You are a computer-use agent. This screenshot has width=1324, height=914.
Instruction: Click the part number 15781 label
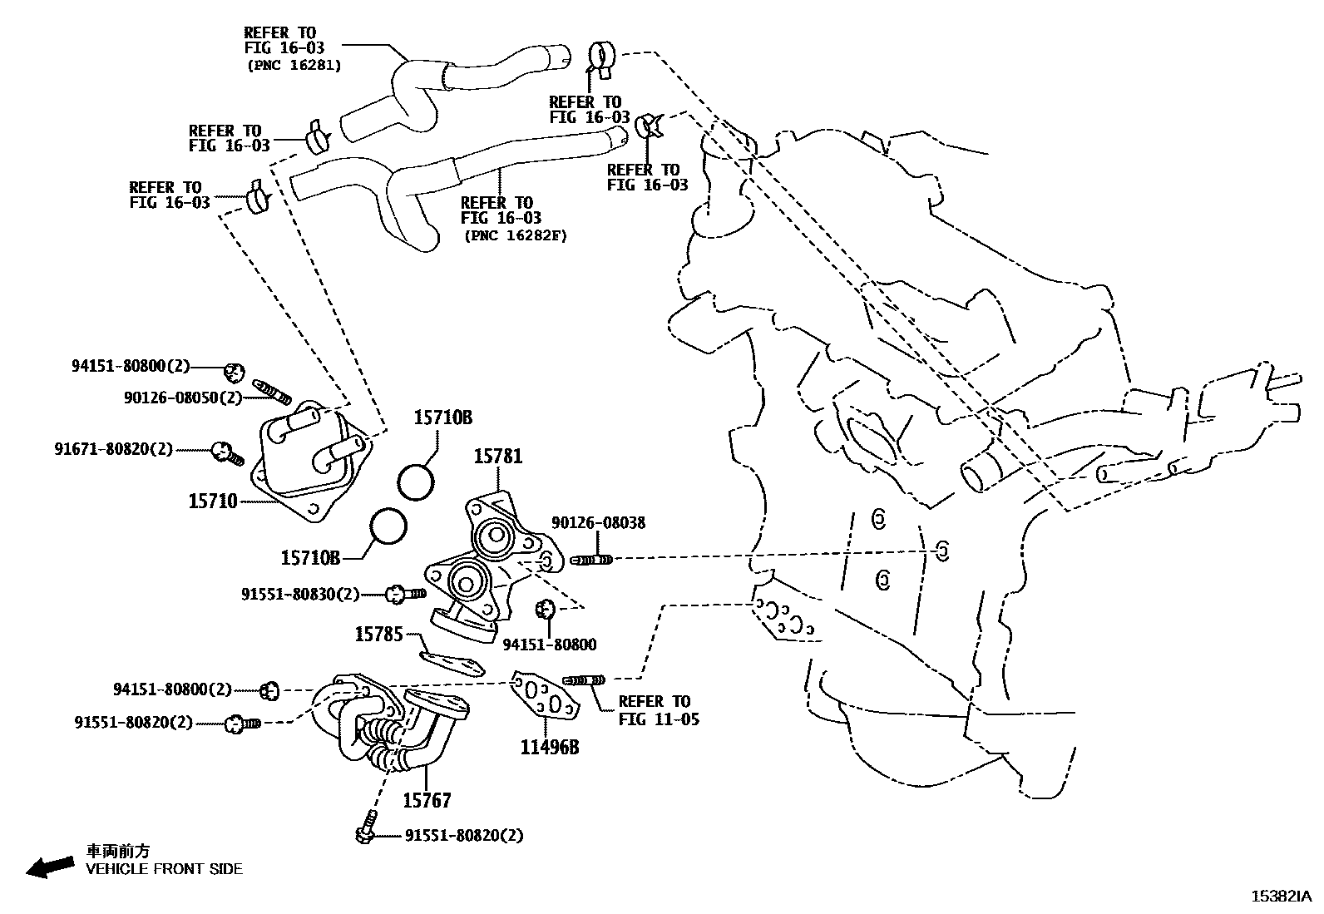(498, 456)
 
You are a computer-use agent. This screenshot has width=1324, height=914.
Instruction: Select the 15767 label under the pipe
(427, 800)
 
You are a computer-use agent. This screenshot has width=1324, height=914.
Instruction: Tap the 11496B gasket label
(549, 747)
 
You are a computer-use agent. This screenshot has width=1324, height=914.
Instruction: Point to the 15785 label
(378, 635)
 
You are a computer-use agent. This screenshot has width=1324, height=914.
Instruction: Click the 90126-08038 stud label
(598, 523)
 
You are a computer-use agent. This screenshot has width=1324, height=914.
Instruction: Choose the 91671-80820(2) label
(114, 449)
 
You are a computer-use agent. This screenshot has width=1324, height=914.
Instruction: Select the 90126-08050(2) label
(182, 398)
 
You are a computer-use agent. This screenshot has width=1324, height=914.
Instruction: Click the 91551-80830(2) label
(300, 594)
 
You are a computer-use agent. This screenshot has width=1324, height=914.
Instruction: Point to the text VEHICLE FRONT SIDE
(165, 869)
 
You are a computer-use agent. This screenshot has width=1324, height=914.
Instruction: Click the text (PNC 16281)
(294, 65)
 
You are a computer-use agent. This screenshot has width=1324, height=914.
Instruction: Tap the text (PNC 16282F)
(516, 235)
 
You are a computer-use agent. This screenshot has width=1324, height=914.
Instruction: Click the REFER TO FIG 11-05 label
(659, 709)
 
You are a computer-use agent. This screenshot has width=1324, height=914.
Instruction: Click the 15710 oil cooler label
(212, 501)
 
